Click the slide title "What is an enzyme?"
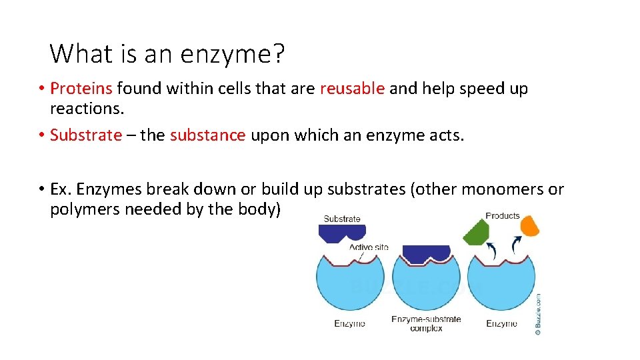(167, 53)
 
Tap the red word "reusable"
(352, 89)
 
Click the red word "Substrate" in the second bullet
(86, 135)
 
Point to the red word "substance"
(208, 135)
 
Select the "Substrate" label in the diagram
(342, 219)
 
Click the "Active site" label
(369, 247)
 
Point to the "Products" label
(502, 215)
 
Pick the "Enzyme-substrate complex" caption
(426, 323)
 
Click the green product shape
(476, 232)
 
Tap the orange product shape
(529, 226)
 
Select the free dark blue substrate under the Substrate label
(342, 233)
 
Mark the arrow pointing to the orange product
(515, 245)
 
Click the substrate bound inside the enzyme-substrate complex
(426, 253)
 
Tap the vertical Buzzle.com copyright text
(537, 313)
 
